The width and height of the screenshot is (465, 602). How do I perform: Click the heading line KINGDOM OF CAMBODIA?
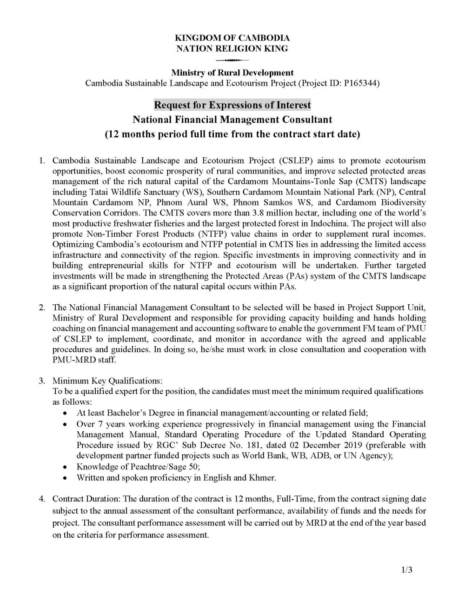pos(232,38)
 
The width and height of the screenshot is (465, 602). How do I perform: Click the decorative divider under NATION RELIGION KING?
pos(232,60)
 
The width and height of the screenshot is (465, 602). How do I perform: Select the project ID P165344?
pos(362,84)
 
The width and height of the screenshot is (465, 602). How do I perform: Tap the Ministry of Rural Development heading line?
pos(232,73)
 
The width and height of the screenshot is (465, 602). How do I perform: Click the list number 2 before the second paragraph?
pos(42,308)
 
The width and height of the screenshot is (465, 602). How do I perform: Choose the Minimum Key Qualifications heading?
pos(107,381)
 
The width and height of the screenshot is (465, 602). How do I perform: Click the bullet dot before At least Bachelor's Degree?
pos(66,413)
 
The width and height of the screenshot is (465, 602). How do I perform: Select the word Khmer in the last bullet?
pos(264,478)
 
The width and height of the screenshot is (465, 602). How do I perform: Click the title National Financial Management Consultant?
pos(232,120)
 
